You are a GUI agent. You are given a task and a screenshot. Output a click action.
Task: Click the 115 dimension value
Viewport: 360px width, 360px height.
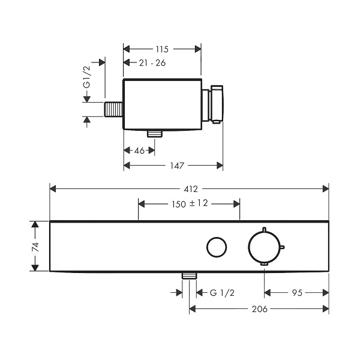coord(162,49)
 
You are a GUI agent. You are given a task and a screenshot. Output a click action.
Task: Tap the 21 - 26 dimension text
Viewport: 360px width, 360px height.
coord(152,62)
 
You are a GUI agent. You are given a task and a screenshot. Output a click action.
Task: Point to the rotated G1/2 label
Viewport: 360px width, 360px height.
coord(87,77)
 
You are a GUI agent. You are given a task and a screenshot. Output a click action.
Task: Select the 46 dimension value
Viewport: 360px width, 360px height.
coord(139,151)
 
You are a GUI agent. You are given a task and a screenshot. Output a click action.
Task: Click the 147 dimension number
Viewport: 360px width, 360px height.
coord(177,166)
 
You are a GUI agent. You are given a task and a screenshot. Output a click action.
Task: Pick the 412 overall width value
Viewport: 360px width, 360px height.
coord(191,189)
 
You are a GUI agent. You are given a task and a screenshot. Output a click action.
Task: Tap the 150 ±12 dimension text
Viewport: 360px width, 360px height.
coord(190,203)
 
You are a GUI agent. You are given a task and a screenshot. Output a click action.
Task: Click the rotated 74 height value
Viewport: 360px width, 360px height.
coord(35,247)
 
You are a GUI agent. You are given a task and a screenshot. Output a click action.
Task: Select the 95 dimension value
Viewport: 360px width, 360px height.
coord(297,293)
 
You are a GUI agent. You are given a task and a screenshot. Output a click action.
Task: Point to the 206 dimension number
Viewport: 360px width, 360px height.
coord(259,309)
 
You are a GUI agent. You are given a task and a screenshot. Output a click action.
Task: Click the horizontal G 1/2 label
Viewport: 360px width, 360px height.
coord(222,293)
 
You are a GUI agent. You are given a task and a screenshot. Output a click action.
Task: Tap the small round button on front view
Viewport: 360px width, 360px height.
coord(217,247)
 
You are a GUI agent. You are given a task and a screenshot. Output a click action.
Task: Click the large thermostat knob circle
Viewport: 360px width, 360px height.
coord(248,247)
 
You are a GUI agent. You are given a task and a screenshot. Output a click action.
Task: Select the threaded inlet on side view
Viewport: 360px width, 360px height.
coord(113,109)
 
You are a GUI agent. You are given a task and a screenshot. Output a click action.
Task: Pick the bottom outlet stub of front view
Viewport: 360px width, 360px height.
coord(189,276)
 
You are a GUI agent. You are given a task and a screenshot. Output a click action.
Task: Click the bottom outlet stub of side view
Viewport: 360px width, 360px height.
coord(155,134)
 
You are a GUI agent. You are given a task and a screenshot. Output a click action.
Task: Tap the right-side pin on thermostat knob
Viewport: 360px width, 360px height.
coord(283,247)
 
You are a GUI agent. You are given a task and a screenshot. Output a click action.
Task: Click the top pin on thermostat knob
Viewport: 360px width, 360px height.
coord(264,229)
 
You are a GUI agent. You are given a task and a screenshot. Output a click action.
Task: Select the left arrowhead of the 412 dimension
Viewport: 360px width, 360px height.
coord(53,189)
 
